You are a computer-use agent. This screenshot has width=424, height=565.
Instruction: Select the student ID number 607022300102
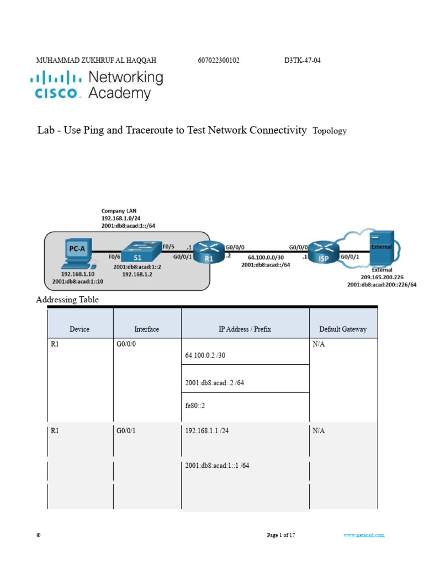218,61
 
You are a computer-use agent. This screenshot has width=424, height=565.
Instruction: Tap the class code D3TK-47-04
298,61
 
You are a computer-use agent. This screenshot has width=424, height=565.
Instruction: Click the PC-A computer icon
77,250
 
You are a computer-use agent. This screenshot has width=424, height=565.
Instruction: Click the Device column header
79,329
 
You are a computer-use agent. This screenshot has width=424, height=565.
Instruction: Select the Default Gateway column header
342,329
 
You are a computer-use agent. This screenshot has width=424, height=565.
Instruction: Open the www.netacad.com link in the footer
363,535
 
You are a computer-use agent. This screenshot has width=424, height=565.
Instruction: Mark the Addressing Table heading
67,300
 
